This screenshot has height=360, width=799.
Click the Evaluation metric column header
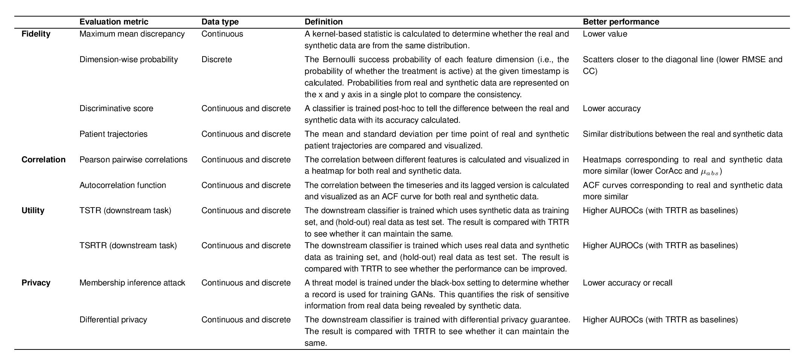(114, 22)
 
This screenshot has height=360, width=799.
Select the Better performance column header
(621, 22)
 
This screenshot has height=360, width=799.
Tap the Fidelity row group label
(36, 34)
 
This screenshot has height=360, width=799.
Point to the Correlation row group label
(43, 160)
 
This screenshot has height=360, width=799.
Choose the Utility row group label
(33, 211)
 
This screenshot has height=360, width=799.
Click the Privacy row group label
(36, 283)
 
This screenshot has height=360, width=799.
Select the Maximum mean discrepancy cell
(132, 34)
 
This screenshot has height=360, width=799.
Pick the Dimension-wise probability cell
(128, 59)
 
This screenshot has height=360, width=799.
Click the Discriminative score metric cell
(116, 108)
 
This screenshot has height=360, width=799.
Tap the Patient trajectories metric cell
(113, 134)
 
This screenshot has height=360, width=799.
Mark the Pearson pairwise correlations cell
(133, 160)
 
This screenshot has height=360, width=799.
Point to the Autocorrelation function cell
(122, 185)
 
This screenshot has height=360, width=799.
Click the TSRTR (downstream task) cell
(128, 246)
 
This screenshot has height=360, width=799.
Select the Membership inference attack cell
(132, 283)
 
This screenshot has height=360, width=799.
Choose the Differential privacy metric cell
(113, 320)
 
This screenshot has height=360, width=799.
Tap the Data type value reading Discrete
(217, 59)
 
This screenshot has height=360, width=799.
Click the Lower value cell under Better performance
(605, 34)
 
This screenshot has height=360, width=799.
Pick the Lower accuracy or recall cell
(627, 283)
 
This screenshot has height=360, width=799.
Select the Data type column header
(220, 22)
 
